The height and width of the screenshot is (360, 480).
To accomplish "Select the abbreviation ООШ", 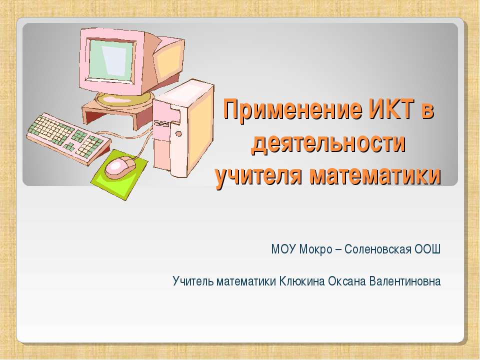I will (428, 249).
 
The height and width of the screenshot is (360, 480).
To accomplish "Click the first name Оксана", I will (346, 281).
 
